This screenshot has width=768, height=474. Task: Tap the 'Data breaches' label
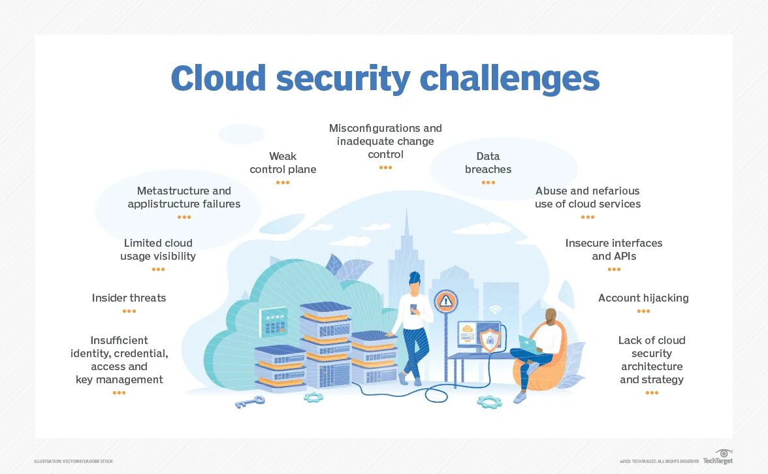pos(488,163)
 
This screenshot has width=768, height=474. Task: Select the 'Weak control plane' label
pos(283,163)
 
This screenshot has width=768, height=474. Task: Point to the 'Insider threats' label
pos(129,298)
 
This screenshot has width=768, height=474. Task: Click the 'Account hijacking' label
pos(643,298)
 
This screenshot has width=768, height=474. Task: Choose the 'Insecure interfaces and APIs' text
pos(614,249)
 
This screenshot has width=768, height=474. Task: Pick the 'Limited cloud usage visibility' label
pos(158,249)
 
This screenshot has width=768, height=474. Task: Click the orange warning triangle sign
pos(446,301)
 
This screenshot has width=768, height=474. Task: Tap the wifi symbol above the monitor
pos(494,309)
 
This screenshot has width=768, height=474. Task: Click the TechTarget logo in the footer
pos(718,458)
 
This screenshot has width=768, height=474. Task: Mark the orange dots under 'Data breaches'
pos(488,183)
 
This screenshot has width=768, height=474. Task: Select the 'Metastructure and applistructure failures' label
pos(184,197)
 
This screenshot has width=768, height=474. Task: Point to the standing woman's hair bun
pos(415,277)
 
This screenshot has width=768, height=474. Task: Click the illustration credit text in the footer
pos(74,462)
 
